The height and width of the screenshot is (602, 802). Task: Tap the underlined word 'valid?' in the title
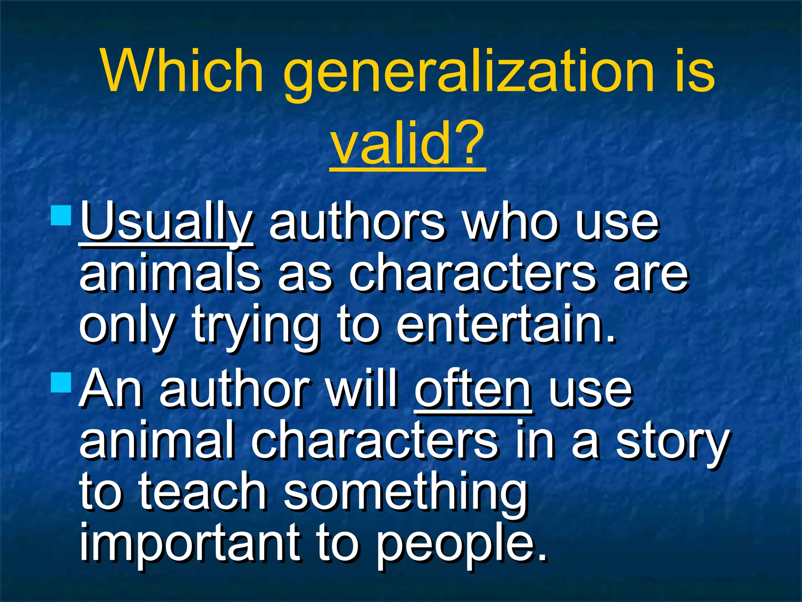[407, 143]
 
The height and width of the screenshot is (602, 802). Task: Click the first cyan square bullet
[61, 215]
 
